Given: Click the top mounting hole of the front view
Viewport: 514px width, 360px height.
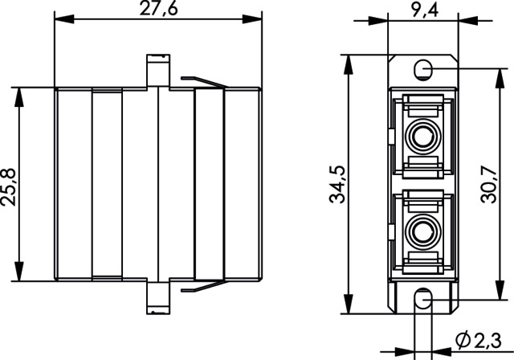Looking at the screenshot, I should coord(423,67).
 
